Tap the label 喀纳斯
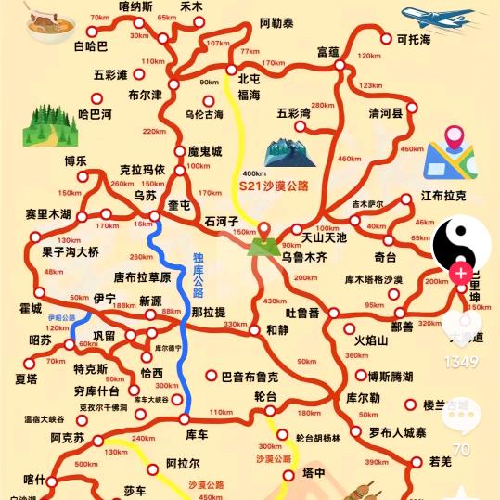(136, 7)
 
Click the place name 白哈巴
(90, 45)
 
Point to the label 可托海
(414, 40)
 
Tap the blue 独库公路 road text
(199, 276)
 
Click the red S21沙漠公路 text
(274, 186)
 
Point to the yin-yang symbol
(461, 245)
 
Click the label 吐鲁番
(302, 314)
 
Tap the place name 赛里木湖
(48, 214)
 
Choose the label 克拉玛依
(142, 170)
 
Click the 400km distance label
(253, 173)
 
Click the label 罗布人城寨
(396, 432)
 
